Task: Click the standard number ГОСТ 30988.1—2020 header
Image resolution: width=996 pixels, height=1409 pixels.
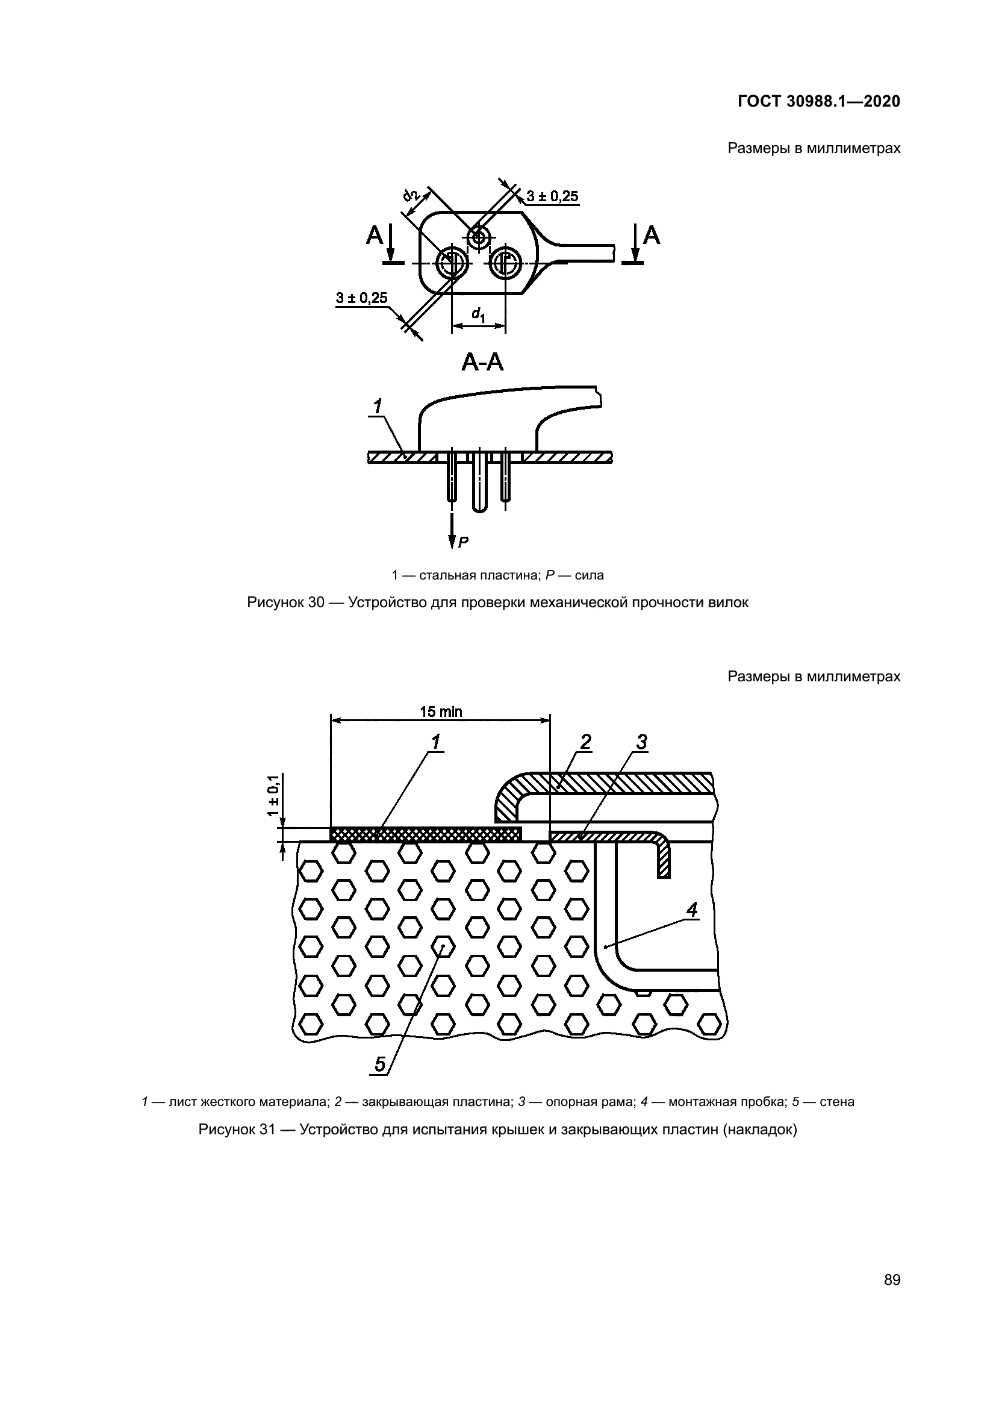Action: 819,102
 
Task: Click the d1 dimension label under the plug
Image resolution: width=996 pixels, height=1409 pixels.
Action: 478,315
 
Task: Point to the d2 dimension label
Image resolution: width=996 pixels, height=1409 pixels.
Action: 411,195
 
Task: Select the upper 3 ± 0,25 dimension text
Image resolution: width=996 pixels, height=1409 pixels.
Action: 552,196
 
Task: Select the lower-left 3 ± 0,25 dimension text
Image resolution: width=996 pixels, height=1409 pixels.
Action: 362,298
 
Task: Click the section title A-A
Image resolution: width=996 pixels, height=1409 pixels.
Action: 483,363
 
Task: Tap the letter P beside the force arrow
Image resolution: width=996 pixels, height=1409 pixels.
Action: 464,542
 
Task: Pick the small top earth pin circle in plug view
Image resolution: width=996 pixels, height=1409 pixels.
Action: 478,237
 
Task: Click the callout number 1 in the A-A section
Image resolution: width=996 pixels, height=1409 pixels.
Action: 378,405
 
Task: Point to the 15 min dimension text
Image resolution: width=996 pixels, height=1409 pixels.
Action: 440,712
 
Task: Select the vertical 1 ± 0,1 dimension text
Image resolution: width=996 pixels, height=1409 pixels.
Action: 273,795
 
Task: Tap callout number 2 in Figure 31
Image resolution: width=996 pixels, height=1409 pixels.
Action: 586,743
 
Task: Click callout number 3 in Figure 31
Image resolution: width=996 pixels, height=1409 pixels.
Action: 641,743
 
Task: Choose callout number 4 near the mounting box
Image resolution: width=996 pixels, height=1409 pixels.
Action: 692,911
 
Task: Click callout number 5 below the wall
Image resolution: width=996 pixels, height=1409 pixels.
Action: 379,1064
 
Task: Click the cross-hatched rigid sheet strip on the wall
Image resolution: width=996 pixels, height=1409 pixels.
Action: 426,834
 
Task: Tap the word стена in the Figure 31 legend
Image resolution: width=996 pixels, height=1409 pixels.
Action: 836,1102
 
